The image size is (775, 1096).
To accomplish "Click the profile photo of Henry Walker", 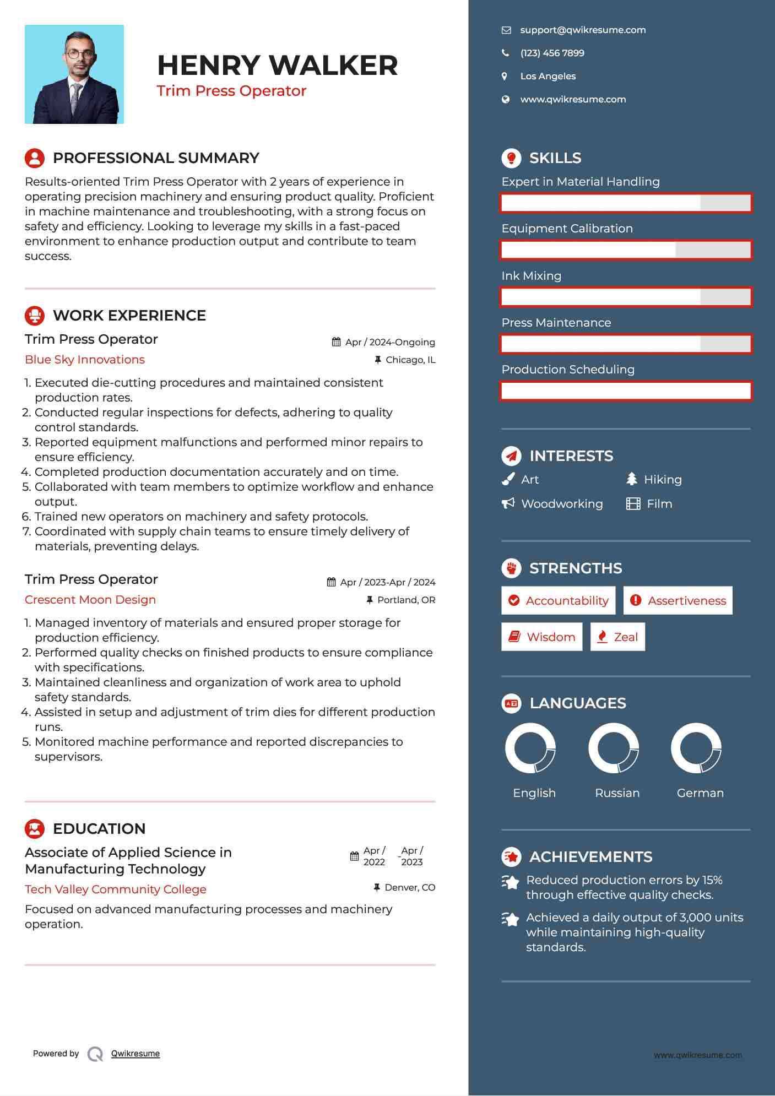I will pyautogui.click(x=74, y=74).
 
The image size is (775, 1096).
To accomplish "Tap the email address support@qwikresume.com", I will pyautogui.click(x=583, y=30).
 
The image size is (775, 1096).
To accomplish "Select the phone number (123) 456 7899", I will pyautogui.click(x=552, y=53).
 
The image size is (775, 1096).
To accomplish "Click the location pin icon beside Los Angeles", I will pyautogui.click(x=505, y=77).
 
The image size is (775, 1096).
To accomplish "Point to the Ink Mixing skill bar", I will pyautogui.click(x=626, y=297).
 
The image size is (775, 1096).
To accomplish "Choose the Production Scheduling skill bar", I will pyautogui.click(x=626, y=391).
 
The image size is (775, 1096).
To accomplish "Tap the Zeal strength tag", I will pyautogui.click(x=617, y=637).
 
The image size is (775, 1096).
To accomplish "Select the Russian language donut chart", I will pyautogui.click(x=614, y=748).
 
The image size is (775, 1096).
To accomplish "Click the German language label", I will pyautogui.click(x=700, y=793).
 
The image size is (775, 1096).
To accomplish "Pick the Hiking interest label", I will pyautogui.click(x=663, y=480).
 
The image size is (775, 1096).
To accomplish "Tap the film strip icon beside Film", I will pyautogui.click(x=633, y=504).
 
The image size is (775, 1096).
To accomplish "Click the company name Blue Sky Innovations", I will pyautogui.click(x=85, y=360).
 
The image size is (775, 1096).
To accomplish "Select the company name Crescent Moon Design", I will pyautogui.click(x=90, y=600).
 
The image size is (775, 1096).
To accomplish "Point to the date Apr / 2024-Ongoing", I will pyautogui.click(x=389, y=342).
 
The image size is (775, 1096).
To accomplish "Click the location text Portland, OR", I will pyautogui.click(x=406, y=600).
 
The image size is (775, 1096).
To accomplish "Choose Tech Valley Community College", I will pyautogui.click(x=116, y=889).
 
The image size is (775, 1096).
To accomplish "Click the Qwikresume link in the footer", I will pyautogui.click(x=136, y=1054).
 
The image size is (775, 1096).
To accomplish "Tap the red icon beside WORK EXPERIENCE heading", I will pyautogui.click(x=35, y=316).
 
